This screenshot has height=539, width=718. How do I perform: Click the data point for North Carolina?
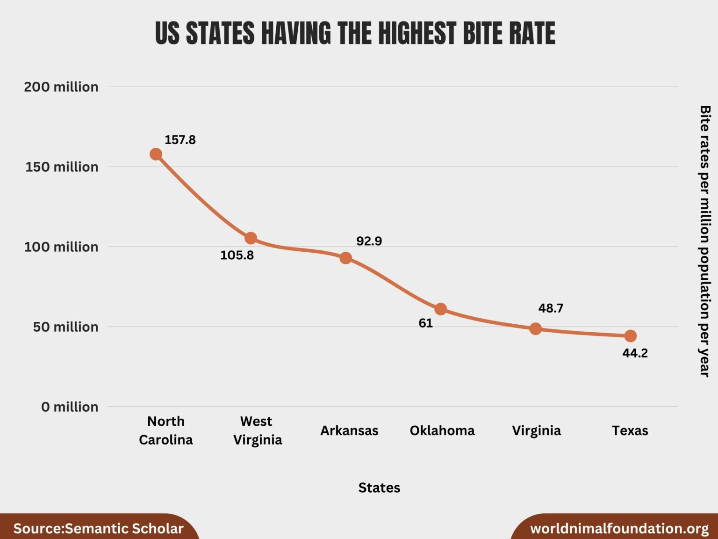pos(156,154)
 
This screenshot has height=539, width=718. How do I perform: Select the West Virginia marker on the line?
pos(251,238)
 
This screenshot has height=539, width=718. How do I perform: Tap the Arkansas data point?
pos(345,258)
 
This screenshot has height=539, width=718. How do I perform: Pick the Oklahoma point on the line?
pos(440,309)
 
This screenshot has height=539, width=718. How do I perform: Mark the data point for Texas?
pos(630,336)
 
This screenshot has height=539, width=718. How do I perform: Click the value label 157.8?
pos(180,140)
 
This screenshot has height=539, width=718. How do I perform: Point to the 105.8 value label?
pos(237,255)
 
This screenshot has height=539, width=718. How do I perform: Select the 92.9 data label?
pos(369,241)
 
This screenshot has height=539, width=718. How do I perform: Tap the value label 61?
pos(425,323)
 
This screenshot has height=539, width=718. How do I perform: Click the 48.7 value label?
pos(551,308)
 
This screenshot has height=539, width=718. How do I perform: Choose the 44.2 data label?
pos(635,353)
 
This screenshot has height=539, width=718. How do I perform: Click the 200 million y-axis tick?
pos(61,87)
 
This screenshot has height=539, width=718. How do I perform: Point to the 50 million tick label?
pos(65,327)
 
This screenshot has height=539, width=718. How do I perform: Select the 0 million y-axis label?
pos(70,407)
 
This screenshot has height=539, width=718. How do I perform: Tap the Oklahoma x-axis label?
pos(442,430)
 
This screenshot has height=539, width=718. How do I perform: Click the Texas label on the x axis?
pos(630,430)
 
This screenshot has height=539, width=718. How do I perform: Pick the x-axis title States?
pos(379,488)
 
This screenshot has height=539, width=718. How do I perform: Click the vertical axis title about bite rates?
pos(704,241)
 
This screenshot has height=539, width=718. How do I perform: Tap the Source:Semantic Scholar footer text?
pos(98,529)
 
